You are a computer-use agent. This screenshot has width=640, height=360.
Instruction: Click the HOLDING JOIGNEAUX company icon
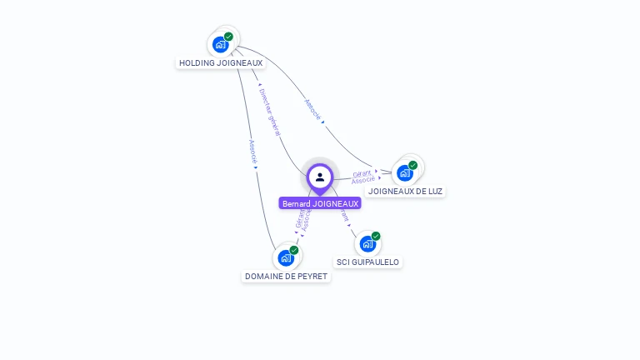pyautogui.click(x=220, y=44)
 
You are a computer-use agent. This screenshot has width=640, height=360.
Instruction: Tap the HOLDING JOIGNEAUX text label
pyautogui.click(x=221, y=62)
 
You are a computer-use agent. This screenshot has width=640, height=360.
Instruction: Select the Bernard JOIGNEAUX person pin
pyautogui.click(x=320, y=177)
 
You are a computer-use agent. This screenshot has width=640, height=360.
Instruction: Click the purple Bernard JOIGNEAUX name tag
pyautogui.click(x=320, y=203)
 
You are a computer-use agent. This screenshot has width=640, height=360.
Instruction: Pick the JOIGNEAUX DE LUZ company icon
pyautogui.click(x=405, y=172)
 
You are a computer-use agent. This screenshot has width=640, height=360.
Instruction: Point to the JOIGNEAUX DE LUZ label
pyautogui.click(x=406, y=191)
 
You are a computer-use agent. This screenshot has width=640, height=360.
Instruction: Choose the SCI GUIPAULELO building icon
pyautogui.click(x=367, y=244)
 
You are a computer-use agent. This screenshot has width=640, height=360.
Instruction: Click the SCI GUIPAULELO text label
pyautogui.click(x=367, y=262)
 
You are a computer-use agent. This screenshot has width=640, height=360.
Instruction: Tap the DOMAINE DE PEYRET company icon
pyautogui.click(x=286, y=257)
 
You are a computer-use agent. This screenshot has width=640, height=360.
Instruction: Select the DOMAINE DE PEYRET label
pyautogui.click(x=286, y=276)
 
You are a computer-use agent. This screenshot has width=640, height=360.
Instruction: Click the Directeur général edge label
pyautogui.click(x=269, y=111)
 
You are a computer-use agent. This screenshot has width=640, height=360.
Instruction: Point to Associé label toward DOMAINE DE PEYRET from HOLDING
pyautogui.click(x=252, y=151)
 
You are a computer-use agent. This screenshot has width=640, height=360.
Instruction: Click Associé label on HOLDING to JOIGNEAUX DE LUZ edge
pyautogui.click(x=312, y=110)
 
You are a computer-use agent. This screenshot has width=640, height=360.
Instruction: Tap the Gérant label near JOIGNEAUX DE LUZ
pyautogui.click(x=362, y=173)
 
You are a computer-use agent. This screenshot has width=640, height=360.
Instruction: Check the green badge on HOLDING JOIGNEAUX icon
pyautogui.click(x=228, y=37)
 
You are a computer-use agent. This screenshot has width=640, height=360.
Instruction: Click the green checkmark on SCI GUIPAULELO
pyautogui.click(x=376, y=237)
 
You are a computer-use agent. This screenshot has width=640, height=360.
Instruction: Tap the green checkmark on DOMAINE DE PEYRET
pyautogui.click(x=294, y=250)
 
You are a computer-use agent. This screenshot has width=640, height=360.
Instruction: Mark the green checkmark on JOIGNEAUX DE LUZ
pyautogui.click(x=413, y=165)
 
